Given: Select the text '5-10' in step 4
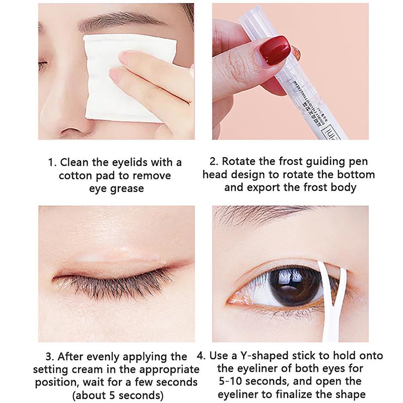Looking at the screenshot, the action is pos(230,381).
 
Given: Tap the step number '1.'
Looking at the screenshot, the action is pos(52,162).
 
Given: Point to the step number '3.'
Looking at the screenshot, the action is pos(50,357).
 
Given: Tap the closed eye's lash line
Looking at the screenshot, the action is pos(113,277).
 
